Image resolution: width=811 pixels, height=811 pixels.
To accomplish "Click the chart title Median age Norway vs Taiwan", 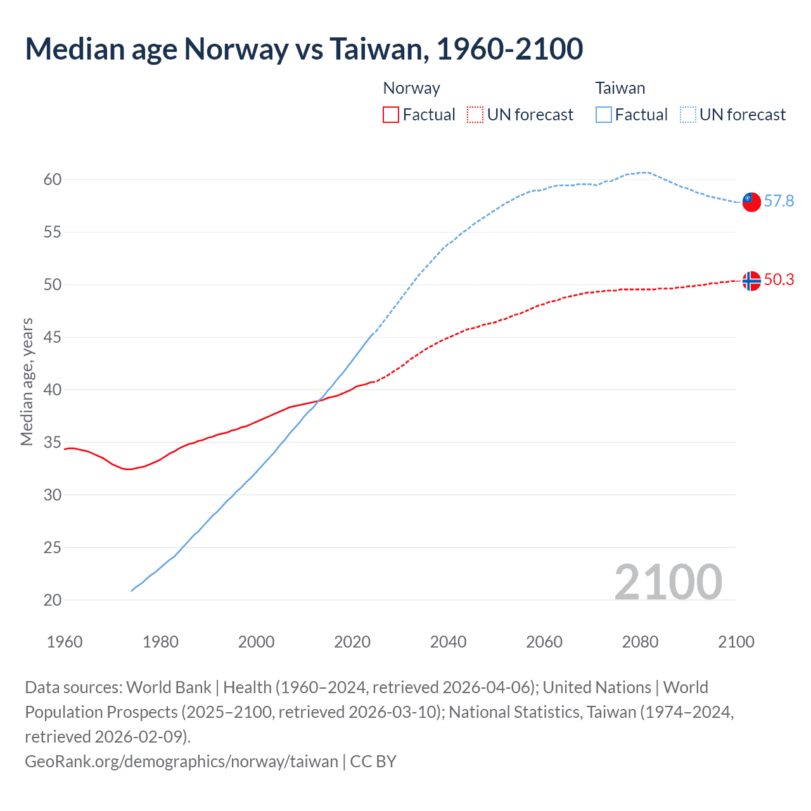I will (303, 49).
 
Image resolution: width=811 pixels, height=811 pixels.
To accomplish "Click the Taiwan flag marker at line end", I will (751, 201).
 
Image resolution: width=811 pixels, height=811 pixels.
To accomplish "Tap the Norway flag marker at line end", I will (751, 281).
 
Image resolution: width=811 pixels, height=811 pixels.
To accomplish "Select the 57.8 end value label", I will (779, 201).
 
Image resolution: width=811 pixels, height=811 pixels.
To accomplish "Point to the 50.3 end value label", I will (779, 280).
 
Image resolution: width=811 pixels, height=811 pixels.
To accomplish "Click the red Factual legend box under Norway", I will (391, 115).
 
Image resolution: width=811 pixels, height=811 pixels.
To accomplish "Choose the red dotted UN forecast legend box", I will (475, 115).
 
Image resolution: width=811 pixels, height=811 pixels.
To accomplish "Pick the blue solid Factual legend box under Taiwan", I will (604, 115).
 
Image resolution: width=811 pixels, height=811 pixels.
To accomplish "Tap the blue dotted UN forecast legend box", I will (688, 115).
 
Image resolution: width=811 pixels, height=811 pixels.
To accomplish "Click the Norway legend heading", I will (411, 88).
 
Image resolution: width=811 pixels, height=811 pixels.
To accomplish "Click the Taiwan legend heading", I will (620, 88).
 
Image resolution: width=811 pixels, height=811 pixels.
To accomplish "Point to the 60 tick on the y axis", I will (53, 180).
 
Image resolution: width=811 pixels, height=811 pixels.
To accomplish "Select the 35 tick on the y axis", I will (53, 442).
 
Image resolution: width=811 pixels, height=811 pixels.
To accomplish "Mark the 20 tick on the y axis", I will (53, 600).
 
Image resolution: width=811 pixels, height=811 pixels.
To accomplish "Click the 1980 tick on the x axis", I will (160, 642).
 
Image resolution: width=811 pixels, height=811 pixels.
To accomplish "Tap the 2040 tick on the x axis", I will (448, 642).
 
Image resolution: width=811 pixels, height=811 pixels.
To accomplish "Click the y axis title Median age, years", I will (27, 382).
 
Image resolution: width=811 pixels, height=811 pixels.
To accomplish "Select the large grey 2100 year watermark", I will (668, 582).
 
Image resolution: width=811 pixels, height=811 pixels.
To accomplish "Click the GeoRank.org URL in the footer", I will (181, 761).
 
